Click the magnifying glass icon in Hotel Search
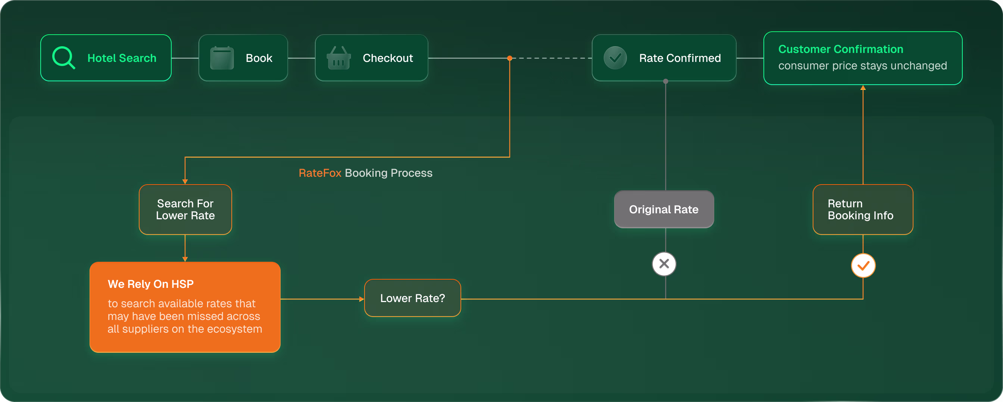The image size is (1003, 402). [x=63, y=57]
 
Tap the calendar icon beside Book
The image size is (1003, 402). [x=222, y=58]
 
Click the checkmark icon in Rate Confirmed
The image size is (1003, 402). [x=615, y=58]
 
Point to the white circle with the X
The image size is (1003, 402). [x=664, y=264]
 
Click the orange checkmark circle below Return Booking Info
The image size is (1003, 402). [x=863, y=266]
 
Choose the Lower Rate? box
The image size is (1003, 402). [x=412, y=298]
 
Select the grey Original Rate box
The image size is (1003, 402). [x=664, y=209]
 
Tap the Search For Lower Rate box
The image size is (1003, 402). [x=185, y=209]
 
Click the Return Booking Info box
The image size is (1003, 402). [x=863, y=209]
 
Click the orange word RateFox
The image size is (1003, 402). [x=320, y=173]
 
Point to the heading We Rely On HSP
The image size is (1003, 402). [x=151, y=284]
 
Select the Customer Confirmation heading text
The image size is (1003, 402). [x=841, y=49]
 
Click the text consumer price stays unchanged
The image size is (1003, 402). [x=862, y=66]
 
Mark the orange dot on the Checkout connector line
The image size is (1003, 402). [x=510, y=58]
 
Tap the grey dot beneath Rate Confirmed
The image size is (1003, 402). [x=666, y=81]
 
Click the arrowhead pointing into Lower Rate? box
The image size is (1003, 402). [x=362, y=299]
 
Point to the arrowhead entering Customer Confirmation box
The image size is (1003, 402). [x=863, y=88]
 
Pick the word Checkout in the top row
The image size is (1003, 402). [x=388, y=58]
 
